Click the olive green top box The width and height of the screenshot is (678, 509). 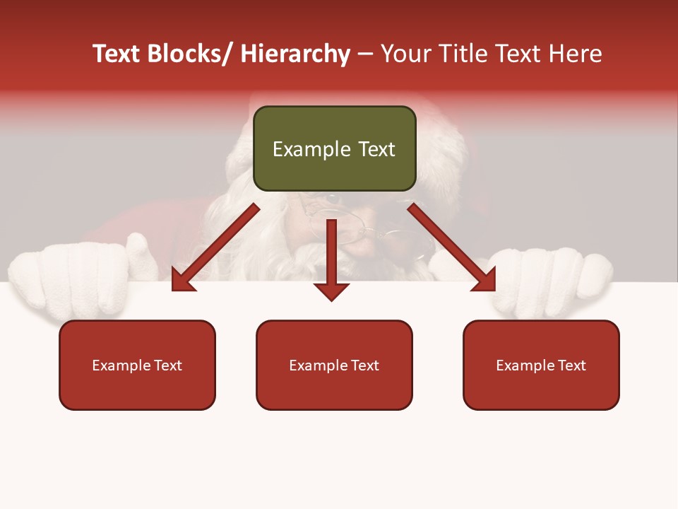click(334, 148)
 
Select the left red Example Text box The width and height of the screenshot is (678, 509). click(137, 365)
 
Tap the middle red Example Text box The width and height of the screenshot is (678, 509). click(334, 365)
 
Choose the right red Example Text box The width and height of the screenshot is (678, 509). click(541, 365)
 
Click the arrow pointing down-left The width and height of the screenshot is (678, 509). click(215, 247)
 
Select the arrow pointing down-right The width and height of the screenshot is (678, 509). click(452, 247)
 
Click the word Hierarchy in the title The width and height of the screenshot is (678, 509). click(295, 54)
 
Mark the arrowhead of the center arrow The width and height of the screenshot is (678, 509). click(331, 291)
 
